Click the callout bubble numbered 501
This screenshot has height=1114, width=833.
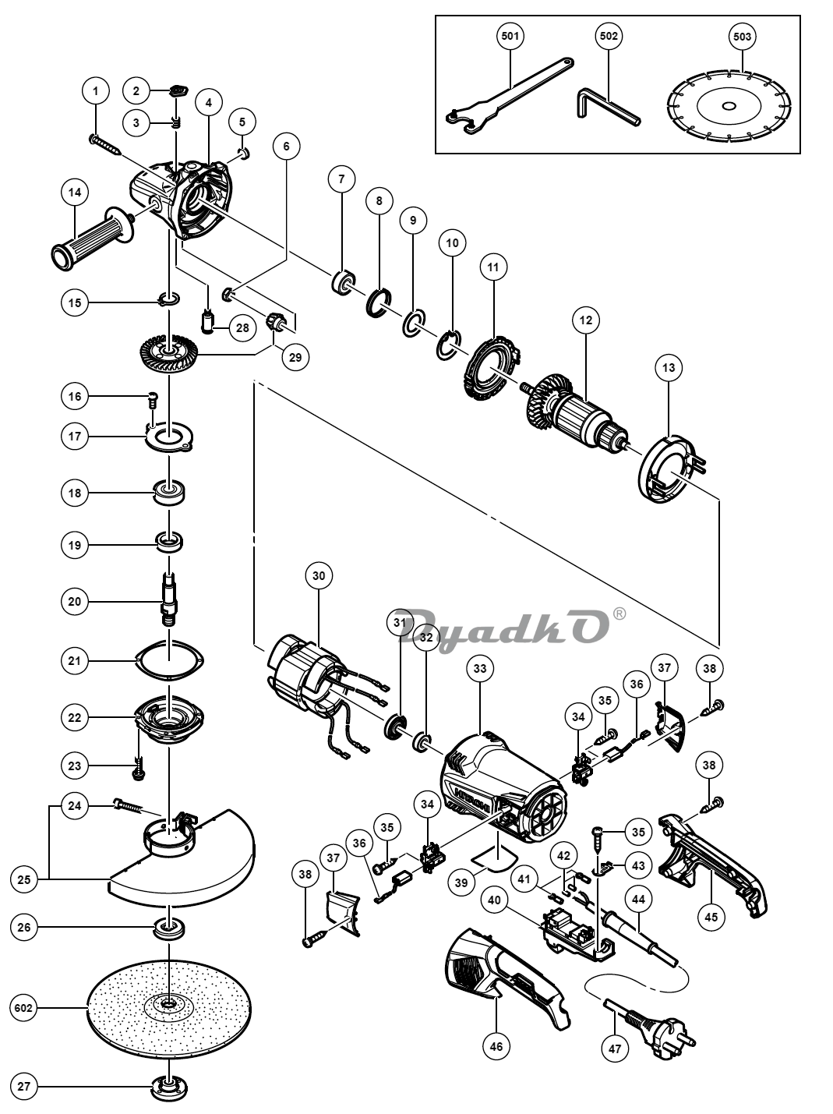pos(510,36)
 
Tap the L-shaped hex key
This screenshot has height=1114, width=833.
pos(609,106)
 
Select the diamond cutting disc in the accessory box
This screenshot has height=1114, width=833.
pos(729,105)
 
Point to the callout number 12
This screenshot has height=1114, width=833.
pos(585,320)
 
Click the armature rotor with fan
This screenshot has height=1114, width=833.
pos(576,414)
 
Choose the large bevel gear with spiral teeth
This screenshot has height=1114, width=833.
pos(168,349)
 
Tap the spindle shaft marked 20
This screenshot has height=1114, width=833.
pos(169,599)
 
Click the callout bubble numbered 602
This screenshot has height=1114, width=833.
pos(24,1007)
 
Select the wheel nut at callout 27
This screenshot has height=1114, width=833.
pos(169,1086)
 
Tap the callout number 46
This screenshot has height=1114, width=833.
pos(496,1045)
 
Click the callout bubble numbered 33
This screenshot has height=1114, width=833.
pos(480,669)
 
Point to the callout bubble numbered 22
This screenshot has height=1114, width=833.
pos(75,718)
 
